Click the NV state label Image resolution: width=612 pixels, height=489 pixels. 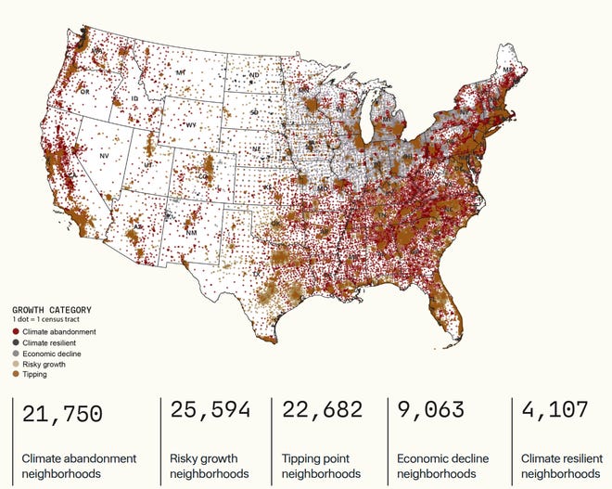(x=104, y=156)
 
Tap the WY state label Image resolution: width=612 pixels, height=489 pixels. (x=191, y=124)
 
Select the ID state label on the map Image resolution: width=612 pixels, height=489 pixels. (x=134, y=98)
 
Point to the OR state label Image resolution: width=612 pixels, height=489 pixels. (x=84, y=92)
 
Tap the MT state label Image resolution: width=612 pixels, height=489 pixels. (x=181, y=71)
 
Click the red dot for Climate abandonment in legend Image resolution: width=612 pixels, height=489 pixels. (x=16, y=331)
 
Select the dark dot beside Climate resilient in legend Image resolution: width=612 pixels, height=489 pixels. (x=16, y=342)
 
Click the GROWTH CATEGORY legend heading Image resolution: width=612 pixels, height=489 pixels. (x=51, y=310)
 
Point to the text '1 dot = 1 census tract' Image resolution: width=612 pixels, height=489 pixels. (x=47, y=319)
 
